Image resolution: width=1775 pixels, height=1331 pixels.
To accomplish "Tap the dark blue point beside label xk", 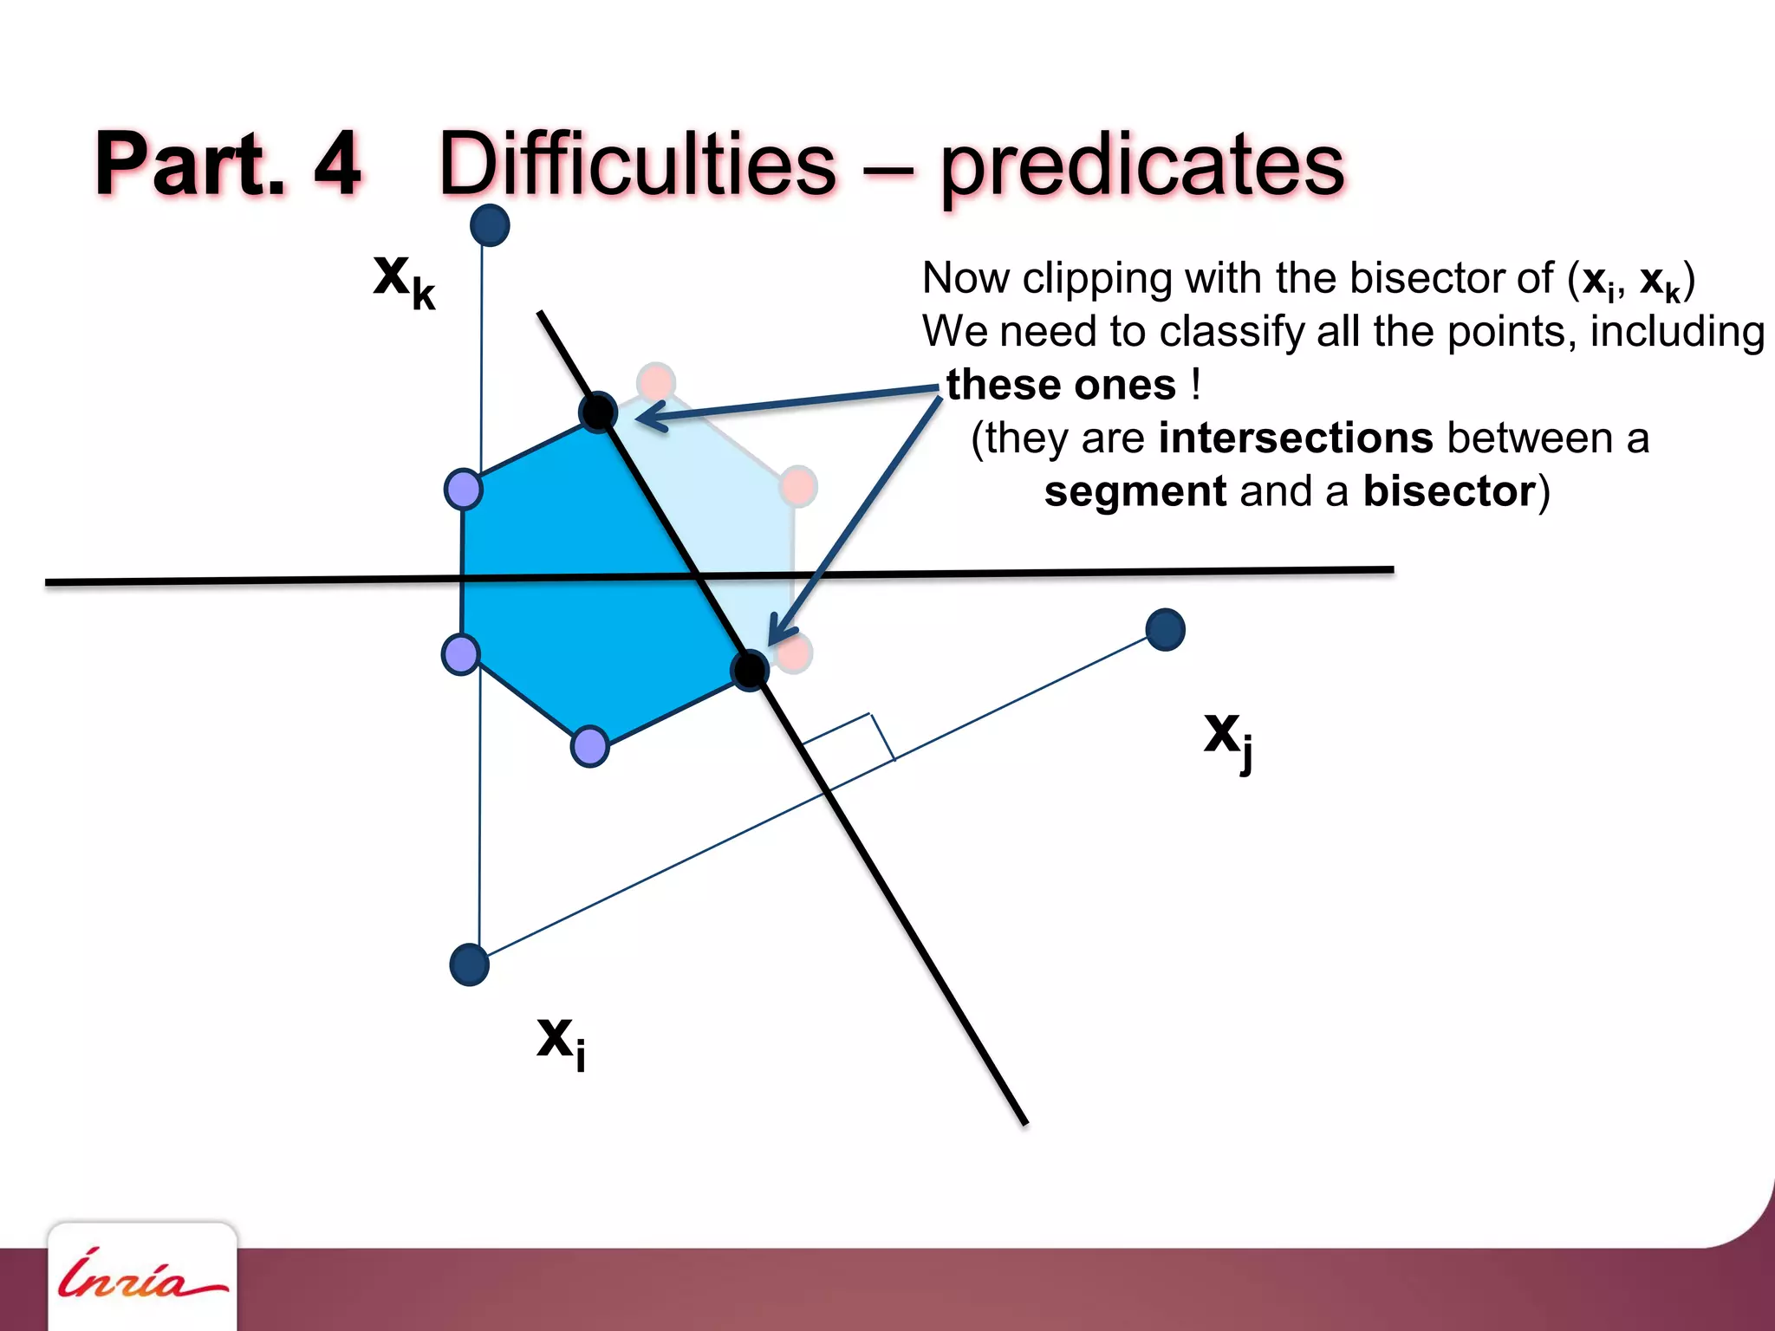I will pyautogui.click(x=490, y=225).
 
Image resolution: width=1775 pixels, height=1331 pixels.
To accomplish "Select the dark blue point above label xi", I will pyautogui.click(x=470, y=964).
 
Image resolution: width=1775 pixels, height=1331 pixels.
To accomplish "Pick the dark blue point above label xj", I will pyautogui.click(x=1165, y=629).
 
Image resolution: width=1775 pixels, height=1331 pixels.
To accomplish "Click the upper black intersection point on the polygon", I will pyautogui.click(x=598, y=412).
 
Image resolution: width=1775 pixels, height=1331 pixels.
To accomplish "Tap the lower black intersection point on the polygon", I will pyautogui.click(x=750, y=669).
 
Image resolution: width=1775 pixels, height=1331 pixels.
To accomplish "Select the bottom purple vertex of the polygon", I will pyautogui.click(x=590, y=746).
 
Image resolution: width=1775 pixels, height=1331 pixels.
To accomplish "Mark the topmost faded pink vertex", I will pyautogui.click(x=656, y=381).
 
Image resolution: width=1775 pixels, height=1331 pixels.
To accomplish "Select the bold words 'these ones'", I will pyautogui.click(x=1061, y=385).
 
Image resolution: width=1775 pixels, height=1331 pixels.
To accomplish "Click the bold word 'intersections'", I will pyautogui.click(x=1296, y=438).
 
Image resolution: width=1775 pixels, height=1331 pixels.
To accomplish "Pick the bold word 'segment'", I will pyautogui.click(x=1135, y=491).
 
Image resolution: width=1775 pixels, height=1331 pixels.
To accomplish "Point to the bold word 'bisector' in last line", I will pyautogui.click(x=1449, y=491).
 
